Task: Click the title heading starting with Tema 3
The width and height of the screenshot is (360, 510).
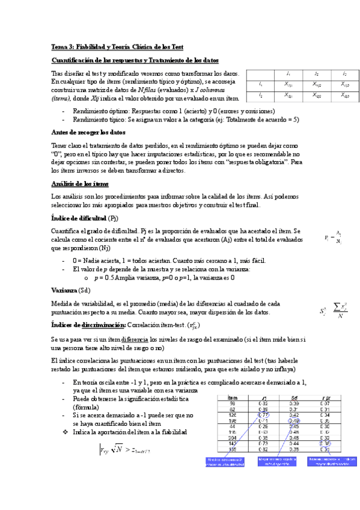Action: pyautogui.click(x=117, y=47)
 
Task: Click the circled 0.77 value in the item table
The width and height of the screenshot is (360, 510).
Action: pyautogui.click(x=263, y=414)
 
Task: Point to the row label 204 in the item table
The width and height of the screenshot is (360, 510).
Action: pyautogui.click(x=231, y=438)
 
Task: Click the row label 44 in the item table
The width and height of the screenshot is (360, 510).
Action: pyautogui.click(x=231, y=426)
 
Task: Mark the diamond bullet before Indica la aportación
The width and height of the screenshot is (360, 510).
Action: pyautogui.click(x=66, y=432)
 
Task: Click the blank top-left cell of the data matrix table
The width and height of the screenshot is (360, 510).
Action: pyautogui.click(x=260, y=73)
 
